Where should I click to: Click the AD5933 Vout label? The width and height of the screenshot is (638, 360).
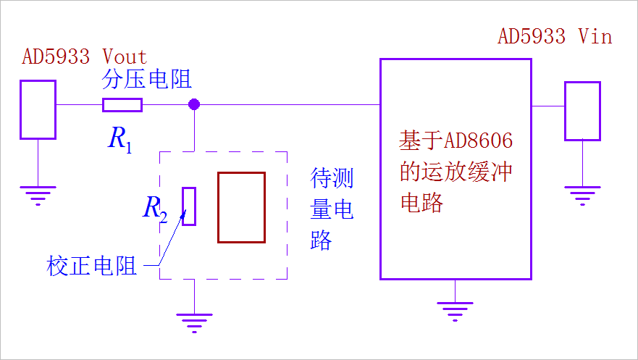click(84, 56)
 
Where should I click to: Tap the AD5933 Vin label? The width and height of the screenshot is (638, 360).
click(555, 36)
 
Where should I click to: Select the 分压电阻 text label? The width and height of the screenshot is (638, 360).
click(147, 80)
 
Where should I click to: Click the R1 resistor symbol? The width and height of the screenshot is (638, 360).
click(122, 105)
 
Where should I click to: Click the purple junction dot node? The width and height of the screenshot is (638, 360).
click(193, 105)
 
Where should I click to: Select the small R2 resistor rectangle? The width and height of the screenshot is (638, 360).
click(189, 206)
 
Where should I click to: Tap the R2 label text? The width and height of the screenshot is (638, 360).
click(155, 209)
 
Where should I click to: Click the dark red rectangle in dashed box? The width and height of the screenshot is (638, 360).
click(241, 207)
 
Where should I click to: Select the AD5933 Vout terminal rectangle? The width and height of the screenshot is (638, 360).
click(38, 109)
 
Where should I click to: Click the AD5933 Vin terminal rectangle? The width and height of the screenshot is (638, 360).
click(582, 111)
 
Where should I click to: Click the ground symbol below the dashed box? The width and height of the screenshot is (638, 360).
click(194, 322)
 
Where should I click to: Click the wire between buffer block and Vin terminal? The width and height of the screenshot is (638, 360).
click(548, 106)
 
